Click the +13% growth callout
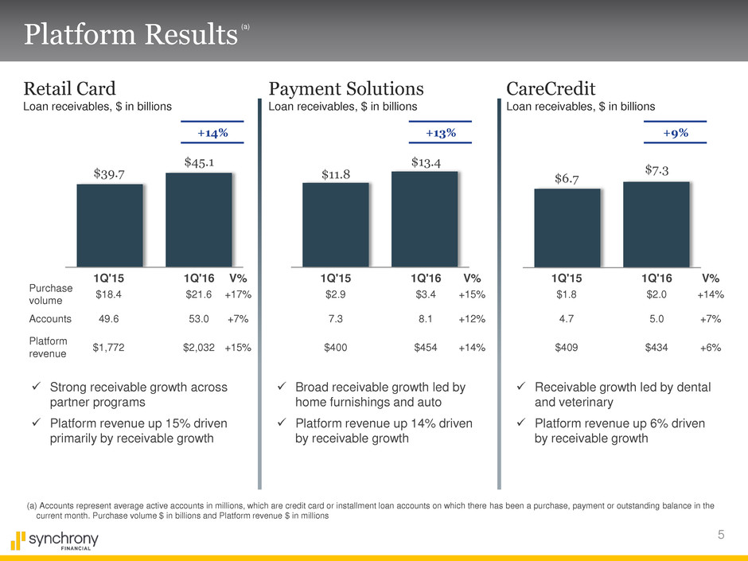pos(440,132)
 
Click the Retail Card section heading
pos(70,87)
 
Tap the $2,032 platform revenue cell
pos(199,347)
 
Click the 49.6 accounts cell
pos(108,318)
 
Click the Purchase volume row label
pos(50,294)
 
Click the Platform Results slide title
pos(131,34)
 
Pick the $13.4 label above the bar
pos(427,162)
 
